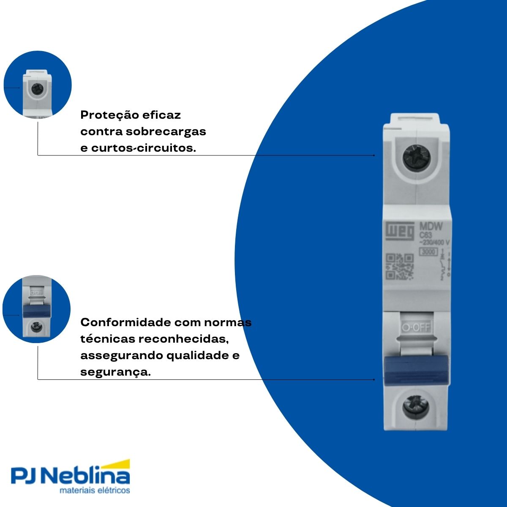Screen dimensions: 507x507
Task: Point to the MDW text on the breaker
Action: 431,226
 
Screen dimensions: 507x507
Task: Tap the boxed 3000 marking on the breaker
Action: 428,252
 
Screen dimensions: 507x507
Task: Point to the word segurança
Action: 115,372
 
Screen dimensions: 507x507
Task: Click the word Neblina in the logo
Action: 87,476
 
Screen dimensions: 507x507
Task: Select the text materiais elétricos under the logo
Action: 95,491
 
